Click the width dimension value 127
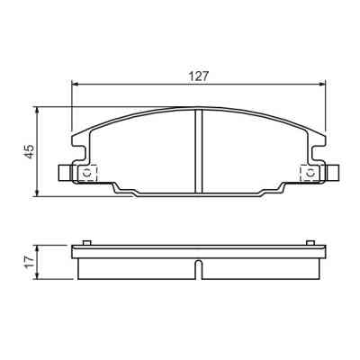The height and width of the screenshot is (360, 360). (x=199, y=77)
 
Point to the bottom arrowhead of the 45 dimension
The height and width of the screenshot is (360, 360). (x=36, y=193)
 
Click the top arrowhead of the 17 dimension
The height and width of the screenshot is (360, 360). (x=36, y=247)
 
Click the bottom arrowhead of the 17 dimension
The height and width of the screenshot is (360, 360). (x=36, y=274)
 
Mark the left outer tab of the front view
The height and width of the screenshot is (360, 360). (x=62, y=173)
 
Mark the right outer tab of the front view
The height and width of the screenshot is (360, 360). (x=334, y=173)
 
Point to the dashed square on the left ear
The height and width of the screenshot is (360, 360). (x=88, y=173)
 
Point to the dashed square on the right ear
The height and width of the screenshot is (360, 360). (x=309, y=173)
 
